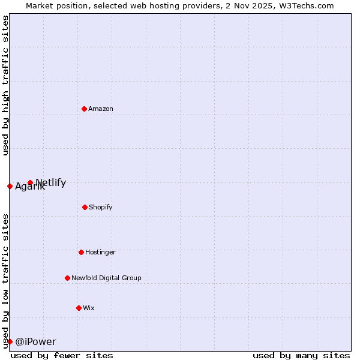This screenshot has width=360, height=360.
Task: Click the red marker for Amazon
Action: click(84, 109)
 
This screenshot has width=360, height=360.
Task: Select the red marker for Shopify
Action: click(85, 207)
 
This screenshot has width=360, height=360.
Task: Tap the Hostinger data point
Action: click(81, 252)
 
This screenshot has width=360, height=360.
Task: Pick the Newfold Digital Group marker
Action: click(67, 278)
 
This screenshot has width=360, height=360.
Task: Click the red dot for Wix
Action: click(79, 308)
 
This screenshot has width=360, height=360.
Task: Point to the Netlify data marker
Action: click(30, 182)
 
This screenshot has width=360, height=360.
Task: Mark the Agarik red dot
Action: click(10, 186)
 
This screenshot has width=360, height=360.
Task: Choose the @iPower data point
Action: click(10, 341)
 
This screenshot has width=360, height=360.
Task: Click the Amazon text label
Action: click(101, 109)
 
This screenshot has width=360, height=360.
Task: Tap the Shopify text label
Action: click(101, 207)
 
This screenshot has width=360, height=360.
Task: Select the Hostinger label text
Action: click(100, 252)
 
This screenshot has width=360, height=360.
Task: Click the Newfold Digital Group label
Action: click(106, 278)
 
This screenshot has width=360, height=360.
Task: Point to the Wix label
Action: click(89, 308)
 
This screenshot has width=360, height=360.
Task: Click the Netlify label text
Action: click(51, 182)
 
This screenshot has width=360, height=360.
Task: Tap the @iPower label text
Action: click(35, 341)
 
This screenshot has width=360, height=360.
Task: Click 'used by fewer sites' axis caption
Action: click(62, 355)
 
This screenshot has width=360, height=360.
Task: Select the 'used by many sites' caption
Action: click(301, 355)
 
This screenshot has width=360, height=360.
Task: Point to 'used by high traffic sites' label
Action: click(5, 85)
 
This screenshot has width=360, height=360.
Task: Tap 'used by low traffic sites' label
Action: click(5, 280)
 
